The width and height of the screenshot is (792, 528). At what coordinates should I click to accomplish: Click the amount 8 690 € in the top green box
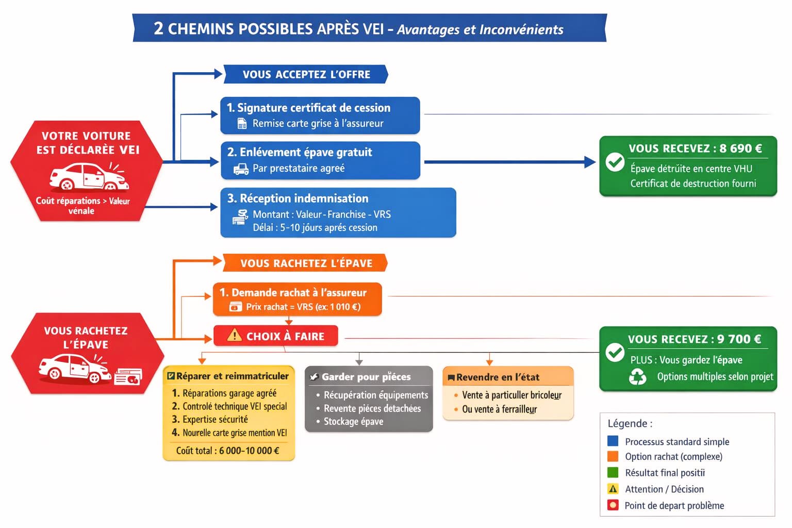(740, 148)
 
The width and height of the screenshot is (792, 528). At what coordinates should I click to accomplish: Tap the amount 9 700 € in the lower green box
(739, 339)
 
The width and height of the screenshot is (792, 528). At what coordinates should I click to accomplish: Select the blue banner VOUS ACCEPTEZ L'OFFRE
(306, 74)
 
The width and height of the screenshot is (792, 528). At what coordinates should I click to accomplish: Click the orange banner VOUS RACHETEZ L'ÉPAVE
(306, 263)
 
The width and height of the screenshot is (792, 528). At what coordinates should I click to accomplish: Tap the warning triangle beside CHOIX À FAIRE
(234, 336)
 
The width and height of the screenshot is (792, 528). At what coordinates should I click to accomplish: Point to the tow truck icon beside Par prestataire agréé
(241, 169)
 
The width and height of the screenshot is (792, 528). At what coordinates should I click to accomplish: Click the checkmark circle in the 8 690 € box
(615, 162)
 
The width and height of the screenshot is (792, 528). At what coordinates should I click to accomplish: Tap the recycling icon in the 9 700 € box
(637, 377)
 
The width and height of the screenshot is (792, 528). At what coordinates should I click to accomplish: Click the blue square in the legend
(613, 441)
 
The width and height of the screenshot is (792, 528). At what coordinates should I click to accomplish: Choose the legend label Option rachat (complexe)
(673, 457)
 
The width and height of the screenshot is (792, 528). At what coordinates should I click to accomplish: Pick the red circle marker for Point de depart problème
(613, 505)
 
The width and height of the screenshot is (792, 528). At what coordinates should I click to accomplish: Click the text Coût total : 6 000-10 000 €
(227, 451)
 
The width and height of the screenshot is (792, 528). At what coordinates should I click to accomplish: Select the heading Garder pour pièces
(366, 377)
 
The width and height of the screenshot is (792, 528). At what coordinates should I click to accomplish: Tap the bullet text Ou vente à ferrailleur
(499, 409)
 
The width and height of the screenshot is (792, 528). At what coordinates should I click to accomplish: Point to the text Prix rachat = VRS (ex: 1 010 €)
(303, 307)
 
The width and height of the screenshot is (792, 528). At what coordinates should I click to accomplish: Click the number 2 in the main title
(159, 28)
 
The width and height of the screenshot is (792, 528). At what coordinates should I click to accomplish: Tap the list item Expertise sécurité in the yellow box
(215, 420)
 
